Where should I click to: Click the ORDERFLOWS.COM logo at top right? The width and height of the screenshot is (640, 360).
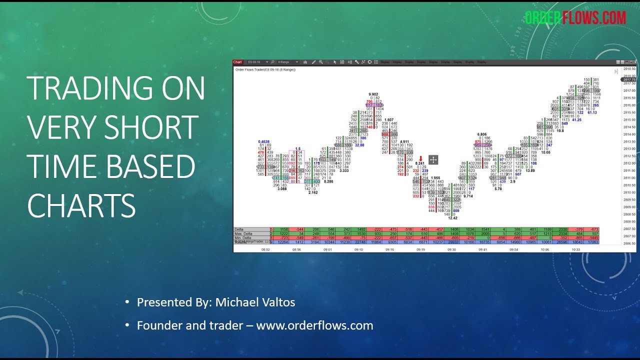click(575, 18)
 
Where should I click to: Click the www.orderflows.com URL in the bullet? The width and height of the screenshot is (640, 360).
click(314, 325)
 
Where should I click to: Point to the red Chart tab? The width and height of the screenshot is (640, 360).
click(237, 62)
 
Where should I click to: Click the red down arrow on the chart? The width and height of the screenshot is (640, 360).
click(420, 158)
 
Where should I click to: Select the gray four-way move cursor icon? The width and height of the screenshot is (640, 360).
click(433, 160)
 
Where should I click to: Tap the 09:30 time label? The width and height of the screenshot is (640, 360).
click(452, 248)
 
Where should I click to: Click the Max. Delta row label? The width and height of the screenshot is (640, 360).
click(244, 233)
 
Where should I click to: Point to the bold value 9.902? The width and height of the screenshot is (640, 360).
click(373, 94)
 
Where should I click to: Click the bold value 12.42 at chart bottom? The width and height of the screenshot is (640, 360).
click(452, 218)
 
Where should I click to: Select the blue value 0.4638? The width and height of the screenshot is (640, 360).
click(264, 141)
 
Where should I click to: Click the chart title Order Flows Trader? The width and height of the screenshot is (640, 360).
click(265, 69)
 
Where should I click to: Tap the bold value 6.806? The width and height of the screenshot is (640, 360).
click(482, 134)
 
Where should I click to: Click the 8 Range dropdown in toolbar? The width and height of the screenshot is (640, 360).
click(288, 62)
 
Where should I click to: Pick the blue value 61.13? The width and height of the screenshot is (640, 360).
click(592, 112)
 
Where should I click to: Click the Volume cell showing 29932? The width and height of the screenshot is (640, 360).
click(452, 242)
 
